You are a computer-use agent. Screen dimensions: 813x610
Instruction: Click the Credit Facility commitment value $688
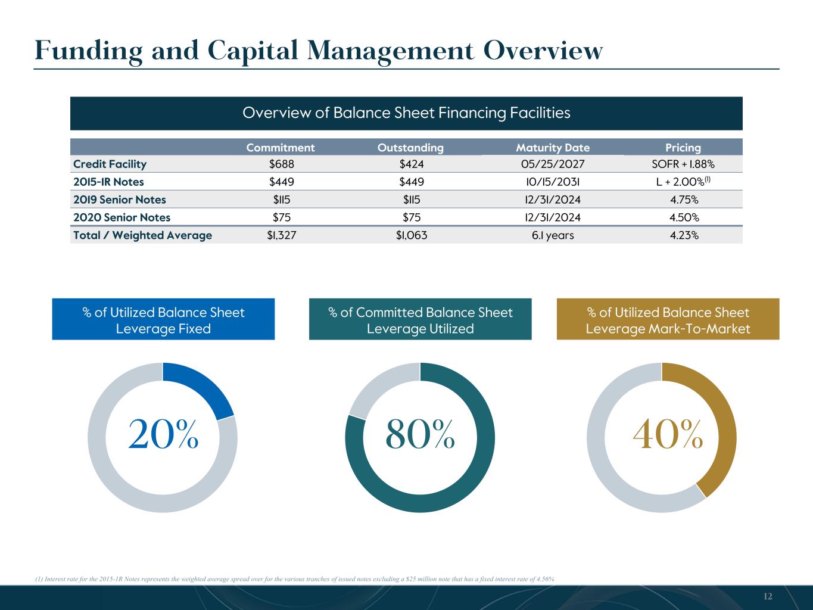(x=282, y=164)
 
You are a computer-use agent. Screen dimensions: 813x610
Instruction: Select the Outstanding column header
(x=410, y=148)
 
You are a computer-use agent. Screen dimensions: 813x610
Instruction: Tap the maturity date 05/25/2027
(x=553, y=164)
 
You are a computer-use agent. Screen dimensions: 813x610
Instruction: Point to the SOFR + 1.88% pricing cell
(x=683, y=164)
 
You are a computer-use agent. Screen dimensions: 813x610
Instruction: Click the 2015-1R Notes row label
(x=108, y=182)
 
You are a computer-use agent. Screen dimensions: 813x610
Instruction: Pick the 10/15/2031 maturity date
(x=553, y=182)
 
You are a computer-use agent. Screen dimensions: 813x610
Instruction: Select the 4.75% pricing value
(x=684, y=200)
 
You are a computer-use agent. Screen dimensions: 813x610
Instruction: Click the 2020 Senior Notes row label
(x=122, y=217)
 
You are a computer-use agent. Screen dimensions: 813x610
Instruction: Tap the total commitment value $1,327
(x=282, y=235)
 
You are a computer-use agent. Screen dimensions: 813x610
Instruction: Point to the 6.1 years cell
(x=553, y=235)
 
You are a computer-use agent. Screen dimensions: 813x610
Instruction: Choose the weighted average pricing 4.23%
(x=684, y=235)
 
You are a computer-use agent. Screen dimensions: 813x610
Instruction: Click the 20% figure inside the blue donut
(x=163, y=434)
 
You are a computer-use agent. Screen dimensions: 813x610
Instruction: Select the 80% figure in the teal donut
(x=420, y=434)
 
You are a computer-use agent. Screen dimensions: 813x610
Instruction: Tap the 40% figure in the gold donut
(x=668, y=434)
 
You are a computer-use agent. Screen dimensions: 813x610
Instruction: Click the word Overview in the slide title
(x=543, y=51)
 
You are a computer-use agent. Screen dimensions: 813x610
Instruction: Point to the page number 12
(x=768, y=596)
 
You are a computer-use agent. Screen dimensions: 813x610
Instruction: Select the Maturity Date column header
(x=553, y=148)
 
